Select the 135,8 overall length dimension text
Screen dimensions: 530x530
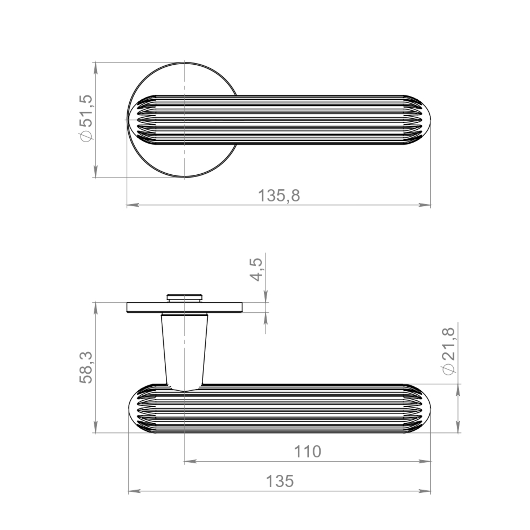[279, 196]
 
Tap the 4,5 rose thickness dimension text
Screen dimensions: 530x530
[256, 270]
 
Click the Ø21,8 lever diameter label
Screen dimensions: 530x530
[449, 351]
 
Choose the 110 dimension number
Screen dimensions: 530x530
[307, 452]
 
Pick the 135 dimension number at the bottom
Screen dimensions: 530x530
[280, 481]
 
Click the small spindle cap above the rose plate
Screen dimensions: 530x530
[185, 298]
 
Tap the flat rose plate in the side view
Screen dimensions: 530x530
[184, 307]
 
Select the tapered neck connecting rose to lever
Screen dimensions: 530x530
[184, 351]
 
